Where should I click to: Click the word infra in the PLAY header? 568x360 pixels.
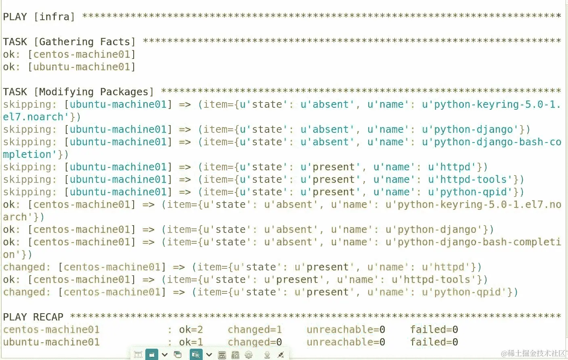click(x=54, y=17)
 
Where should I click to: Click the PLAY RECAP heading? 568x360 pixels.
click(x=33, y=317)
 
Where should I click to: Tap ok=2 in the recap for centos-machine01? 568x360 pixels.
click(x=191, y=330)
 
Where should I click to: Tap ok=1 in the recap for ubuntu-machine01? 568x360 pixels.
click(x=191, y=342)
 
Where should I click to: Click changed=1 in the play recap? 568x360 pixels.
click(x=255, y=330)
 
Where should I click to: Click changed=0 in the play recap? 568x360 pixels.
click(x=255, y=342)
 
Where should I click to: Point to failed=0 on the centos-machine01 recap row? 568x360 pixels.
click(x=434, y=330)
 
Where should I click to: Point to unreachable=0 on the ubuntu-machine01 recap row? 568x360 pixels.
click(x=346, y=342)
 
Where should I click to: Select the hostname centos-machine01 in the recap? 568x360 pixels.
click(x=51, y=330)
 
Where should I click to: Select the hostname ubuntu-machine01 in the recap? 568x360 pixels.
click(x=51, y=342)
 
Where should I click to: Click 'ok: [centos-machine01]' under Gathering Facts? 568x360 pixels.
click(x=69, y=54)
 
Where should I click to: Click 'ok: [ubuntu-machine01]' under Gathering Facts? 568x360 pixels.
click(x=69, y=67)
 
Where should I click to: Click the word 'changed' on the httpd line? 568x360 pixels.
click(x=25, y=267)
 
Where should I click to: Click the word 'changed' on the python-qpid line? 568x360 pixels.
click(x=25, y=292)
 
